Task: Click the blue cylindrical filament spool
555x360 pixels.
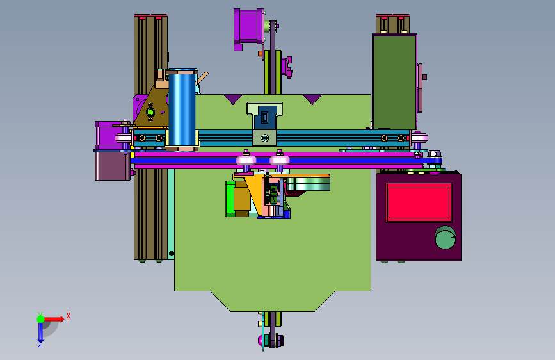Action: point(182,108)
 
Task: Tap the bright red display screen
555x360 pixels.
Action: point(419,202)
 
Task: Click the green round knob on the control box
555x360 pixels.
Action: point(446,238)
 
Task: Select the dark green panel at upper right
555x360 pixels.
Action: point(394,81)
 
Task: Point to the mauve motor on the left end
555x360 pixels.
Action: point(112,151)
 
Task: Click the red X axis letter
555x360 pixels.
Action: point(68,316)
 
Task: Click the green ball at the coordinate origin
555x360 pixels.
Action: point(41,319)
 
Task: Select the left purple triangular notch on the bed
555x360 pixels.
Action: point(232,99)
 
